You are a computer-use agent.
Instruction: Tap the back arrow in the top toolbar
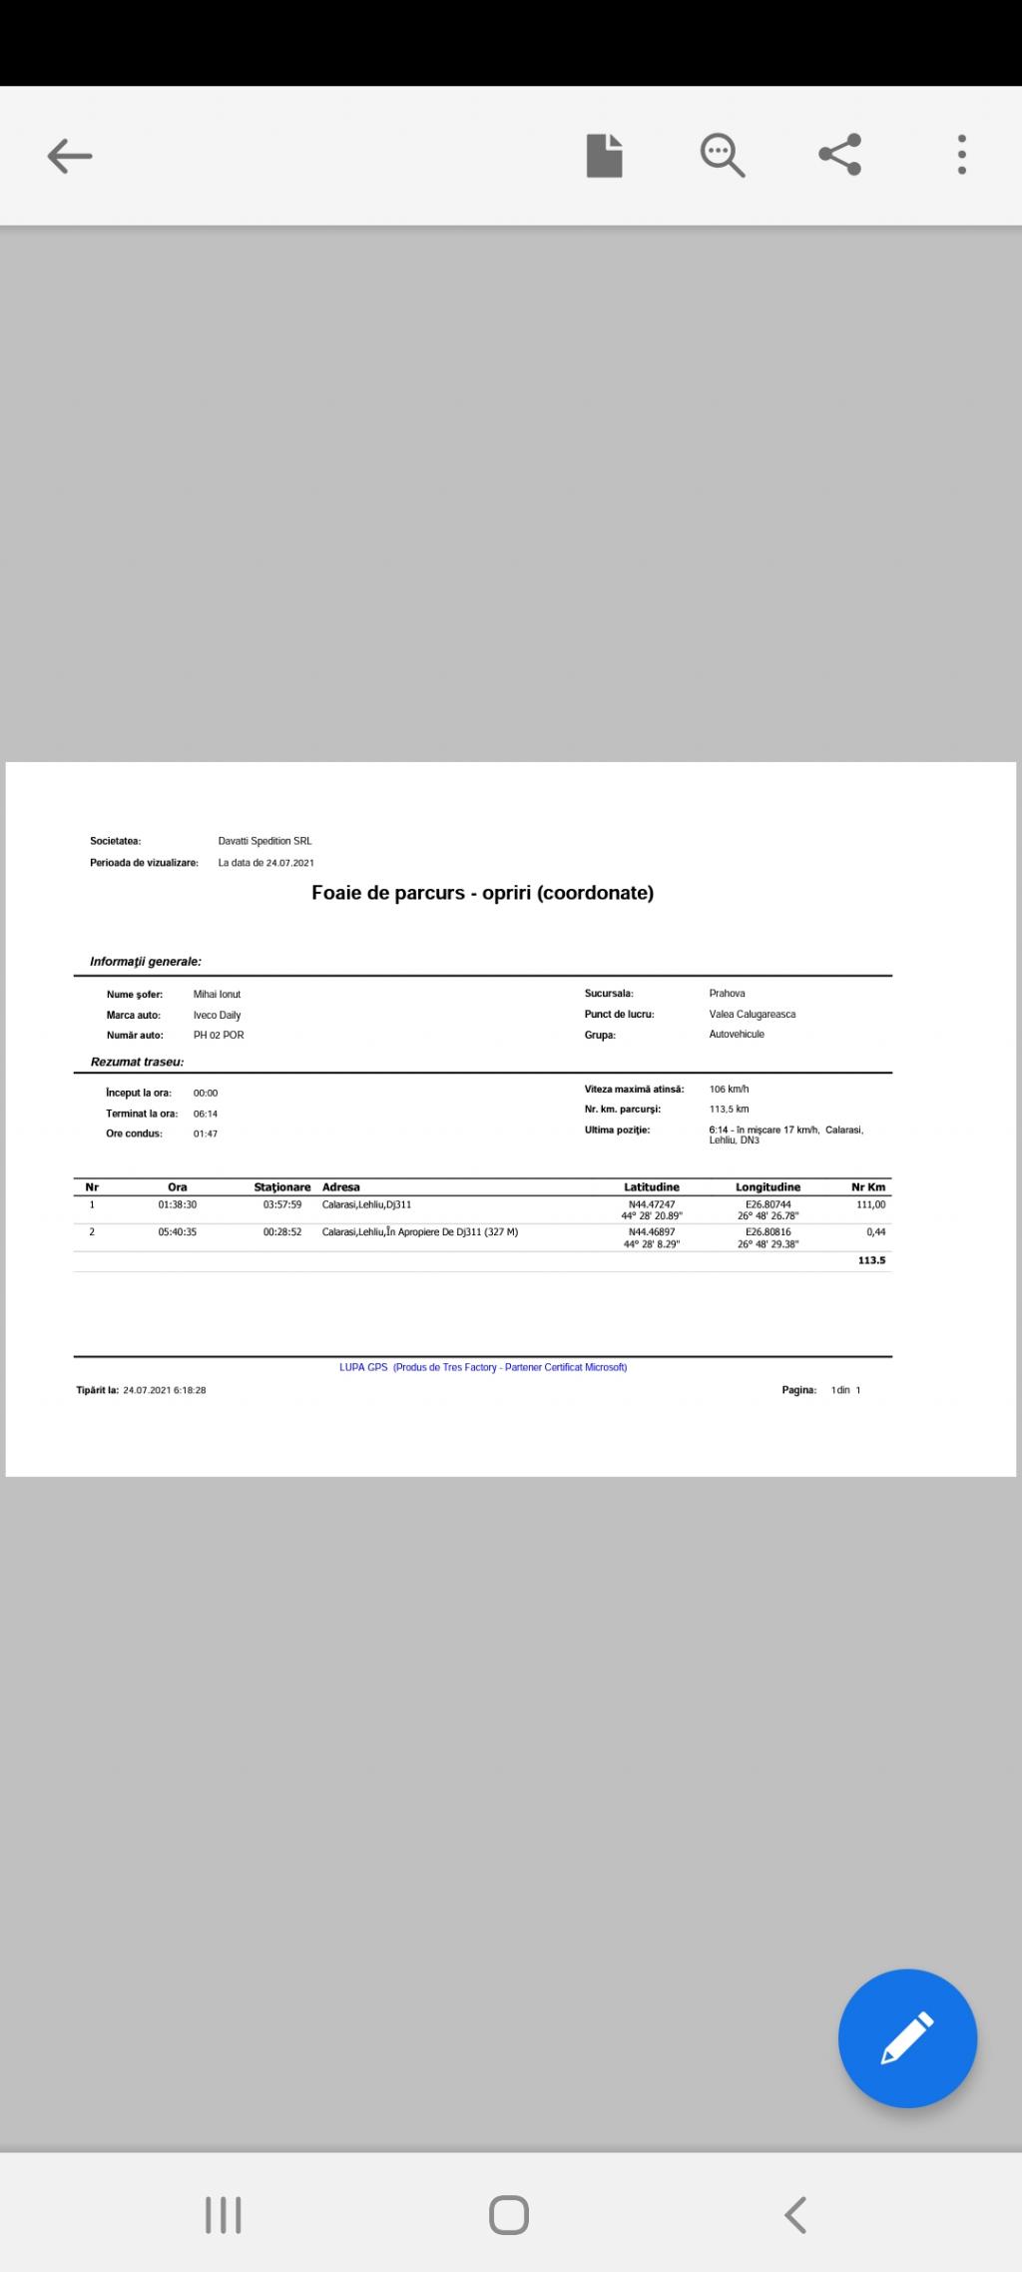[70, 156]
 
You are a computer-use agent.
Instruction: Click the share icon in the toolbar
[840, 155]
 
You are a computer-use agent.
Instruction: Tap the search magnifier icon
[722, 155]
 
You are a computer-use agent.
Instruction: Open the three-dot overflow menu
[961, 155]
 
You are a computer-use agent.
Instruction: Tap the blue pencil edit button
[907, 2037]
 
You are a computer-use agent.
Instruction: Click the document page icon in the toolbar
[604, 155]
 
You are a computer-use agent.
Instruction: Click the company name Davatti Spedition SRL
[264, 841]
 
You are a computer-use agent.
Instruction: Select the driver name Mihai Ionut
[217, 995]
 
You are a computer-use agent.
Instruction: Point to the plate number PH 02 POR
[219, 1036]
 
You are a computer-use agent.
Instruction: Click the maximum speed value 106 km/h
[729, 1090]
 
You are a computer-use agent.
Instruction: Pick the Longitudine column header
[767, 1187]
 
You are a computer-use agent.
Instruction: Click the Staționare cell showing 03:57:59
[282, 1205]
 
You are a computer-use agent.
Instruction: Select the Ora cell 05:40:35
[178, 1232]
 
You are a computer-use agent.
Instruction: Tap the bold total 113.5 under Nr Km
[871, 1261]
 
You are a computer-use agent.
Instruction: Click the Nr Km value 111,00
[870, 1205]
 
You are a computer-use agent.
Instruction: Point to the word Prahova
[727, 994]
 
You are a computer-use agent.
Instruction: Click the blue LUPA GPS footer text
[483, 1367]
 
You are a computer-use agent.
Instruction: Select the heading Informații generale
[146, 962]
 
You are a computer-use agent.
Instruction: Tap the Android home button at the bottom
[509, 2215]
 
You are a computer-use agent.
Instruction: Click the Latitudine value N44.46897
[652, 1232]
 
